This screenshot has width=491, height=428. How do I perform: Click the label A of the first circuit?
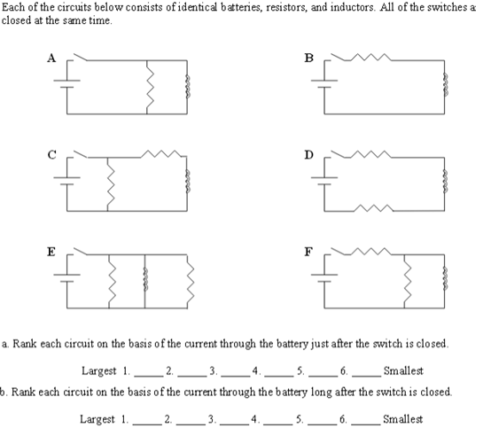click(52, 58)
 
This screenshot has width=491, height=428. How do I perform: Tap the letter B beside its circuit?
click(308, 58)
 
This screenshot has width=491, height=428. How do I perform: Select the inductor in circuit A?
click(186, 88)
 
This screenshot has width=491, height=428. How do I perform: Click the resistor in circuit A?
click(147, 88)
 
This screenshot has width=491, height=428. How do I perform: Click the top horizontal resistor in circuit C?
click(163, 156)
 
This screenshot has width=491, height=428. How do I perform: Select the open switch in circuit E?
click(82, 253)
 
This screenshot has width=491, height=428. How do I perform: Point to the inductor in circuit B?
click(444, 88)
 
